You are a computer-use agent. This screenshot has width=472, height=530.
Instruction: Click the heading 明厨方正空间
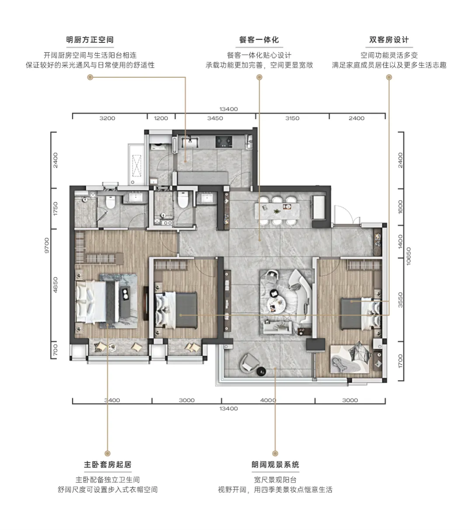coord(90,40)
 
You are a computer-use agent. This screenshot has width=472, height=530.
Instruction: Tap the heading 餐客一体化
coord(259,40)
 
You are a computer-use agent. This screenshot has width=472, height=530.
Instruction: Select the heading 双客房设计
coord(389,40)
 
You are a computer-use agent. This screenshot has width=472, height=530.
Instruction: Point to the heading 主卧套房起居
coord(108,464)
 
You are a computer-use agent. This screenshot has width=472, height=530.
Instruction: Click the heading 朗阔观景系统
coord(275,464)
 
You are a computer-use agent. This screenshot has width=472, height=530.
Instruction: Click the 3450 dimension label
coord(215,118)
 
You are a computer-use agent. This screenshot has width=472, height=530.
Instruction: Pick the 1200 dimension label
coord(161,118)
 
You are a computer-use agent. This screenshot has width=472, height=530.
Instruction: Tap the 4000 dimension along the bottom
coord(268,400)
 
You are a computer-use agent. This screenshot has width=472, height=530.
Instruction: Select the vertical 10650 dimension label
coord(409,256)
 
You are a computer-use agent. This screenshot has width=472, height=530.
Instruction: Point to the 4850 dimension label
coord(56,285)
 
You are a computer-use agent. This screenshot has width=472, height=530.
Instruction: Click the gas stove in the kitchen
coord(224,142)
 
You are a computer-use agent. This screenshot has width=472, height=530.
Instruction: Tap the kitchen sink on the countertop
coord(190,142)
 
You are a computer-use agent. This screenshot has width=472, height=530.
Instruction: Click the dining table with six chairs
coord(278,211)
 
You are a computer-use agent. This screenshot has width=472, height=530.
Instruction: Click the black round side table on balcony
coord(261,371)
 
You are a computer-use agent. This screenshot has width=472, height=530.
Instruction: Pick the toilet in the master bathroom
coord(111,202)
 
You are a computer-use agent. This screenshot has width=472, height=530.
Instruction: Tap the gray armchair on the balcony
coord(249,362)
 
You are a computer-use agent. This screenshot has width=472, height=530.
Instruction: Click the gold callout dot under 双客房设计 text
coord(389,77)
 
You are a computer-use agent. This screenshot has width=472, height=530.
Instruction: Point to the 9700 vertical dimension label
coord(47,246)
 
